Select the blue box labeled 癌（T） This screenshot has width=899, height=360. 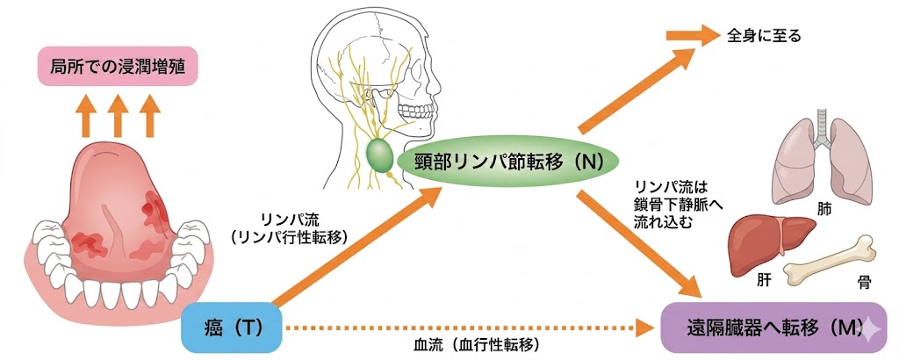click(x=232, y=328)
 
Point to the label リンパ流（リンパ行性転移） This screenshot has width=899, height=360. click(x=289, y=228)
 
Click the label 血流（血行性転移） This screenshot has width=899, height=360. click(x=477, y=345)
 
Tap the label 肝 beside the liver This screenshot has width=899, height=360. click(x=763, y=280)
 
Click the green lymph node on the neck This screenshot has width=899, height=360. click(x=379, y=155)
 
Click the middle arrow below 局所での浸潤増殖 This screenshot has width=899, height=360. click(x=118, y=116)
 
